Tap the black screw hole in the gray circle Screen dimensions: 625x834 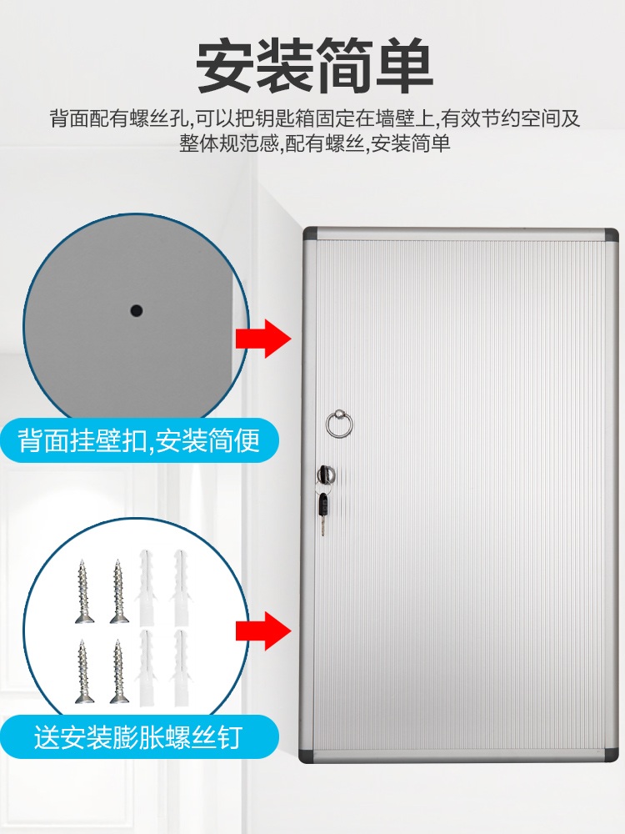pyautogui.click(x=137, y=309)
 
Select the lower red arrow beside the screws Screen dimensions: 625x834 pyautogui.click(x=263, y=631)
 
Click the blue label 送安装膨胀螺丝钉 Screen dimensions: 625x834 pyautogui.click(x=139, y=737)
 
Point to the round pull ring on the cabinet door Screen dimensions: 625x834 pyautogui.click(x=339, y=424)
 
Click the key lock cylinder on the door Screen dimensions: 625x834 pyautogui.click(x=325, y=473)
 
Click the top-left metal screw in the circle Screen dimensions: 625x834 pyautogui.click(x=84, y=591)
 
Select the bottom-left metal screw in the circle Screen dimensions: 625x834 pyautogui.click(x=83, y=671)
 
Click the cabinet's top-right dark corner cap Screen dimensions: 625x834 pyautogui.click(x=611, y=234)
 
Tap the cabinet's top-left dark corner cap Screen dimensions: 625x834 pyautogui.click(x=310, y=234)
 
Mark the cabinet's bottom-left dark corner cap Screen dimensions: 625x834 pyautogui.click(x=307, y=756)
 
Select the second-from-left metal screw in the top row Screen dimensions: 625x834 pyautogui.click(x=118, y=591)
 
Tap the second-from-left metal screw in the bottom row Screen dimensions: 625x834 pyautogui.click(x=118, y=671)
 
